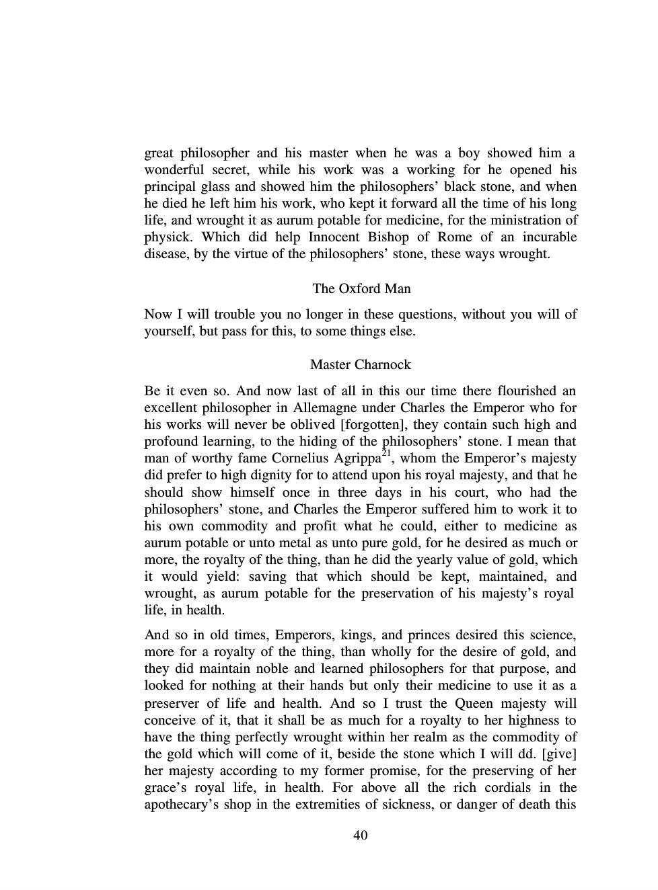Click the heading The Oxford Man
click(361, 289)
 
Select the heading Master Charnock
click(360, 365)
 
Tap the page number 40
click(360, 836)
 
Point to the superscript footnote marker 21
click(386, 454)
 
